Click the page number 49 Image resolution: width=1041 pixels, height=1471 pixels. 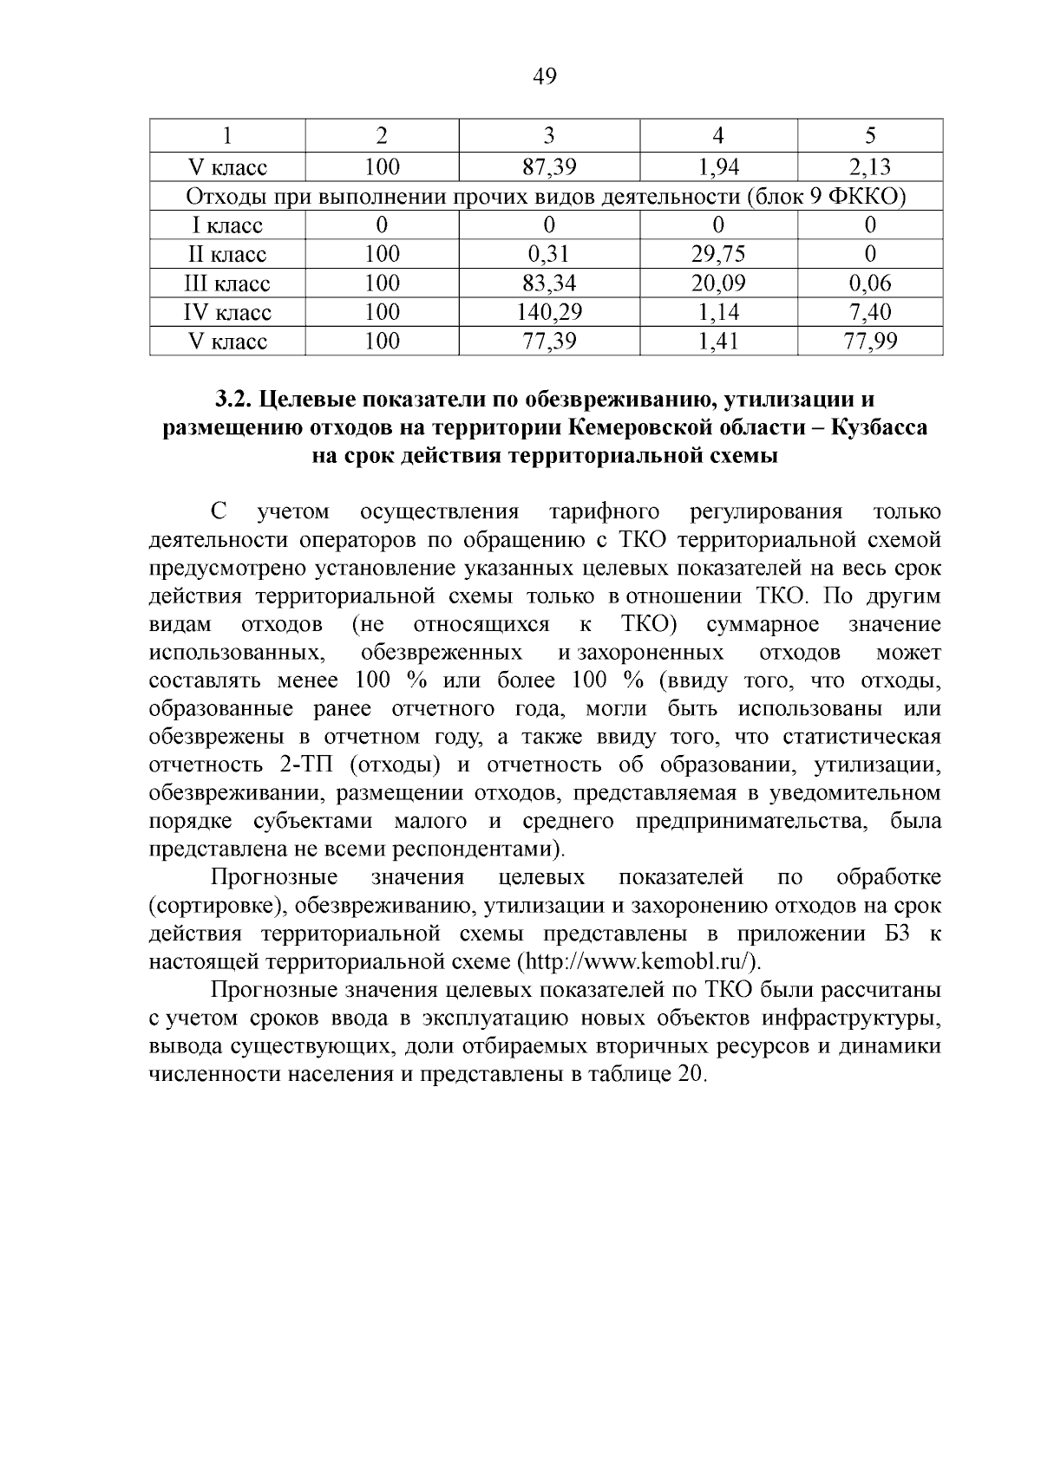pos(543,77)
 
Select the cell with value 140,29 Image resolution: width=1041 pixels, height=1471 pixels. pos(548,312)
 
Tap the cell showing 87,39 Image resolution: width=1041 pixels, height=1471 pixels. pos(548,167)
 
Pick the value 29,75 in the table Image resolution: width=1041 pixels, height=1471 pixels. pos(718,254)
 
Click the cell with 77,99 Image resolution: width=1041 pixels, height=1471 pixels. pos(870,342)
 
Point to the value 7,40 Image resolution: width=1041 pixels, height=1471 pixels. pos(870,312)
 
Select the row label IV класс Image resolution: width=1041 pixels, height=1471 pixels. pos(227,312)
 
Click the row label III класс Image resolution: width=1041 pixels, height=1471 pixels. pos(227,283)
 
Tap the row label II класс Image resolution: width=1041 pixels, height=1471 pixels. pos(227,254)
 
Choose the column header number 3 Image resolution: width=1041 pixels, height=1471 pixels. pos(548,135)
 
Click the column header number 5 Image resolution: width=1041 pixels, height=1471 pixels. pos(870,135)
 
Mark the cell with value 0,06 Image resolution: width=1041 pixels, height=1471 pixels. pos(870,283)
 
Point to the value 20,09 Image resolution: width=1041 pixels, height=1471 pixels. pos(718,283)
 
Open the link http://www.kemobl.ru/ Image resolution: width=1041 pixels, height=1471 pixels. pos(638,961)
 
